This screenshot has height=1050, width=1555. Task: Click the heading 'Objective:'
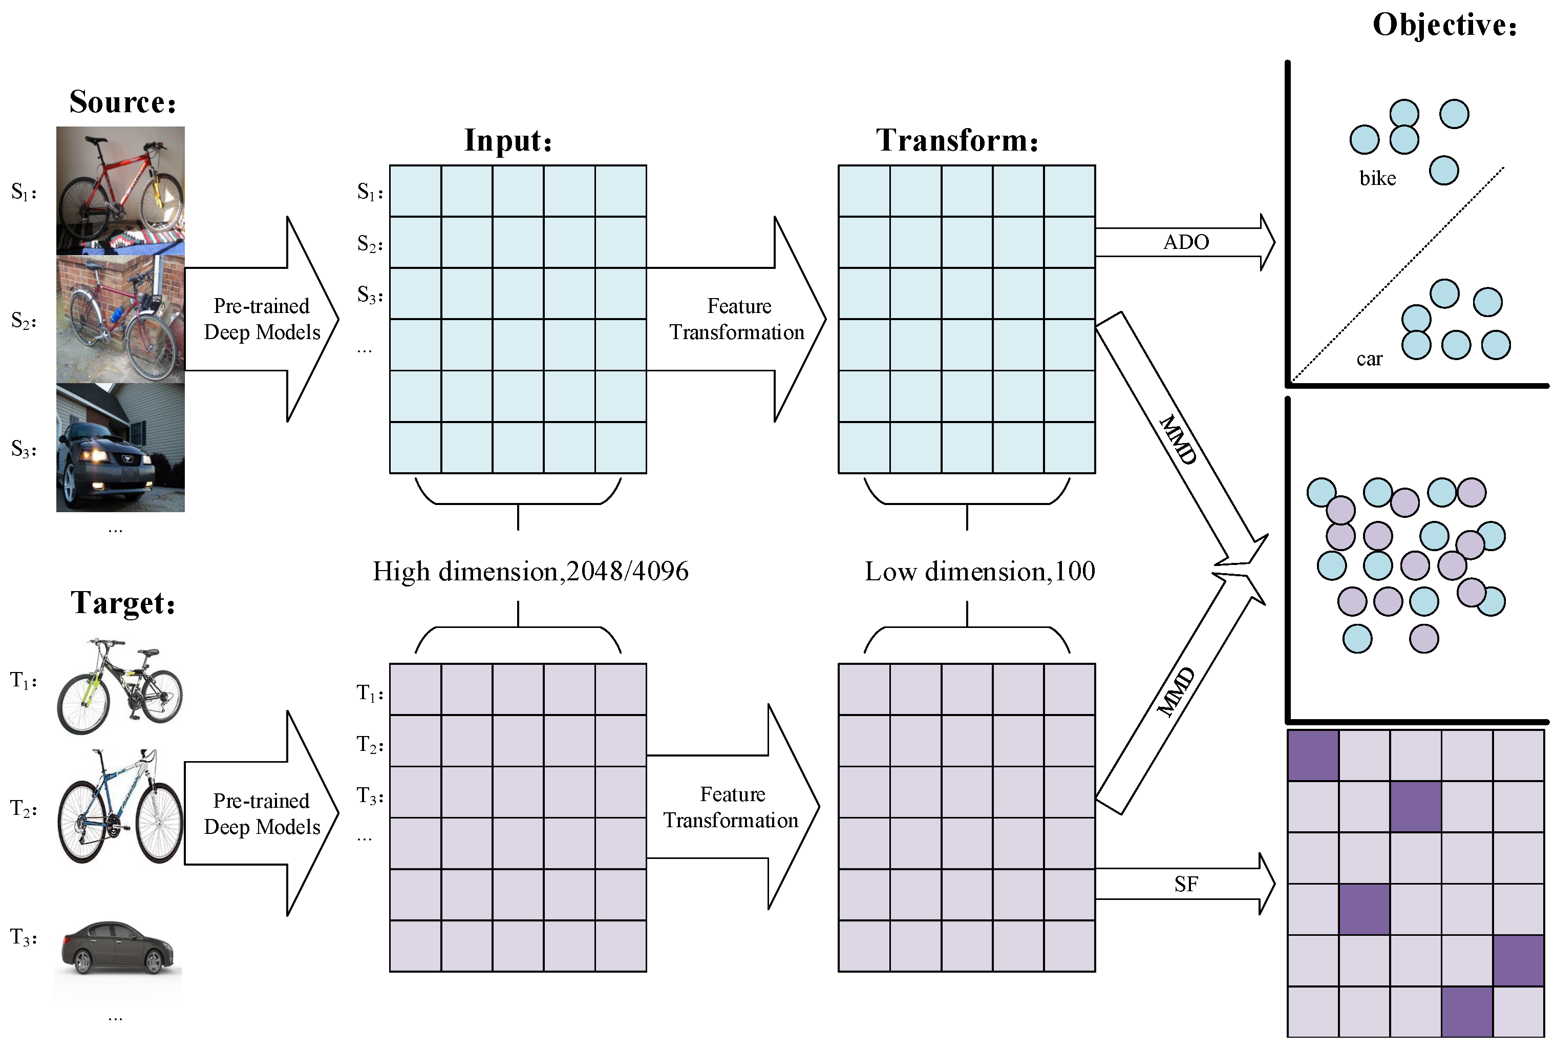tap(1444, 26)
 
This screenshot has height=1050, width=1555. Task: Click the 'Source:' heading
tap(122, 102)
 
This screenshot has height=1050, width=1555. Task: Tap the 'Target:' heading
tap(123, 602)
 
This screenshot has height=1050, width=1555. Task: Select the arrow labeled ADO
tap(1185, 242)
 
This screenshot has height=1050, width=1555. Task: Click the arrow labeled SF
tap(1185, 884)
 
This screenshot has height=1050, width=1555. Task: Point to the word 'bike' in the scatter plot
tap(1377, 179)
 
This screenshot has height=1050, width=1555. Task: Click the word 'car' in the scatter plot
tap(1369, 360)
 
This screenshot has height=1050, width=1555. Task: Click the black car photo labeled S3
tap(120, 448)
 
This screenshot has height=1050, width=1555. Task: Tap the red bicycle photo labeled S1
tap(120, 190)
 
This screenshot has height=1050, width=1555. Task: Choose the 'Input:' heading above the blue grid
tap(508, 140)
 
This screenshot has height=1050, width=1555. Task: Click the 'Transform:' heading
tap(957, 140)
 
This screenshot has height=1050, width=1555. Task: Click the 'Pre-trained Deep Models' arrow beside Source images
tap(262, 319)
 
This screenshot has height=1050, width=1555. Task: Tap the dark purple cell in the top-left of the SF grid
tap(1313, 755)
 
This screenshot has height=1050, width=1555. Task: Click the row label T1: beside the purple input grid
tap(369, 694)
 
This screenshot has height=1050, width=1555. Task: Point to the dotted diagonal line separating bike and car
tap(1398, 275)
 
